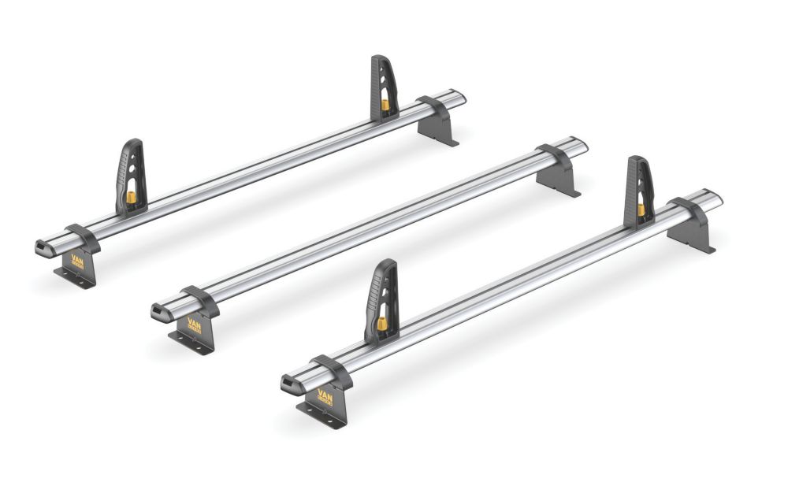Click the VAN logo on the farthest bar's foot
pyautogui.click(x=77, y=259)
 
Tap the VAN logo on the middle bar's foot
pyautogui.click(x=193, y=324)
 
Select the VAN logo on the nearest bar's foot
pyautogui.click(x=323, y=395)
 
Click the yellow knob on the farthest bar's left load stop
pyautogui.click(x=131, y=197)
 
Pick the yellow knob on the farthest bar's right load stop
pyautogui.click(x=385, y=104)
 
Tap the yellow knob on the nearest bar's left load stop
pyautogui.click(x=381, y=324)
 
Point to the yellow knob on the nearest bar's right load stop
pyautogui.click(x=641, y=209)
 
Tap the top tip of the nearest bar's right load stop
pyautogui.click(x=637, y=160)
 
